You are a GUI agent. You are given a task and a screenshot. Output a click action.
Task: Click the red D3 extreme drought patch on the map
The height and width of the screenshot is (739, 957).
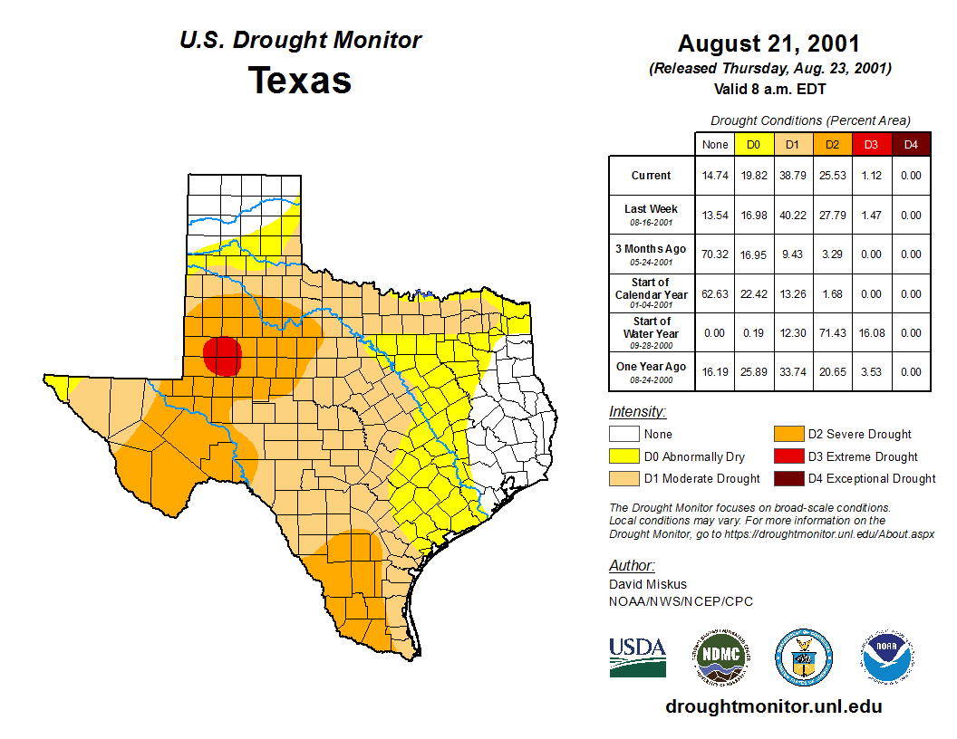(222, 355)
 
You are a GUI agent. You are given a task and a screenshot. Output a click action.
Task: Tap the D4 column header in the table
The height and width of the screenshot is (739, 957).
(911, 144)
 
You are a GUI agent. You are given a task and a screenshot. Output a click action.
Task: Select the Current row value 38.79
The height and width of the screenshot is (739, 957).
(792, 176)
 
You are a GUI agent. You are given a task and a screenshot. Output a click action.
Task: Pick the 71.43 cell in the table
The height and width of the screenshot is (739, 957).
(831, 333)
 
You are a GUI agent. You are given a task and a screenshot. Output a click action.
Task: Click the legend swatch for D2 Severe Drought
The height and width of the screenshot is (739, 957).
(788, 435)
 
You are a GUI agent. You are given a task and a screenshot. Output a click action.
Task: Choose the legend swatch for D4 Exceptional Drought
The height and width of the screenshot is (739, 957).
(788, 478)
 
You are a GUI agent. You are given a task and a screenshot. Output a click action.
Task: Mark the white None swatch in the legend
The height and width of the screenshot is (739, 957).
(623, 435)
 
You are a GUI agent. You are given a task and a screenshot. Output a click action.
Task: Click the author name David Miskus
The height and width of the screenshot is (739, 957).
(647, 584)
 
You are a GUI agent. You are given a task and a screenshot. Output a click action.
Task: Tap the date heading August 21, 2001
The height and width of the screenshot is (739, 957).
(768, 43)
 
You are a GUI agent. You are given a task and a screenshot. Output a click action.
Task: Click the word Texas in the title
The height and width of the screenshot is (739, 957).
(300, 80)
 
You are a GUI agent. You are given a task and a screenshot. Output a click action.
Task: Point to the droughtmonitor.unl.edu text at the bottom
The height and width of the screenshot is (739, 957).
(773, 706)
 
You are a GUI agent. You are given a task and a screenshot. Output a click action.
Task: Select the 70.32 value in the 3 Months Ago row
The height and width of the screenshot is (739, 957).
(715, 254)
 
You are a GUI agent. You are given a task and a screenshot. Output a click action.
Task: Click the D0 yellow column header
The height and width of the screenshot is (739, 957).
(753, 144)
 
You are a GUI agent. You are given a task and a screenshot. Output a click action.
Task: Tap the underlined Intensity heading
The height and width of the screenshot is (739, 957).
(637, 412)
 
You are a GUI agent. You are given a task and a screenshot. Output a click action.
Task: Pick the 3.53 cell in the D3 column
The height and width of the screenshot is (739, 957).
(871, 372)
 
